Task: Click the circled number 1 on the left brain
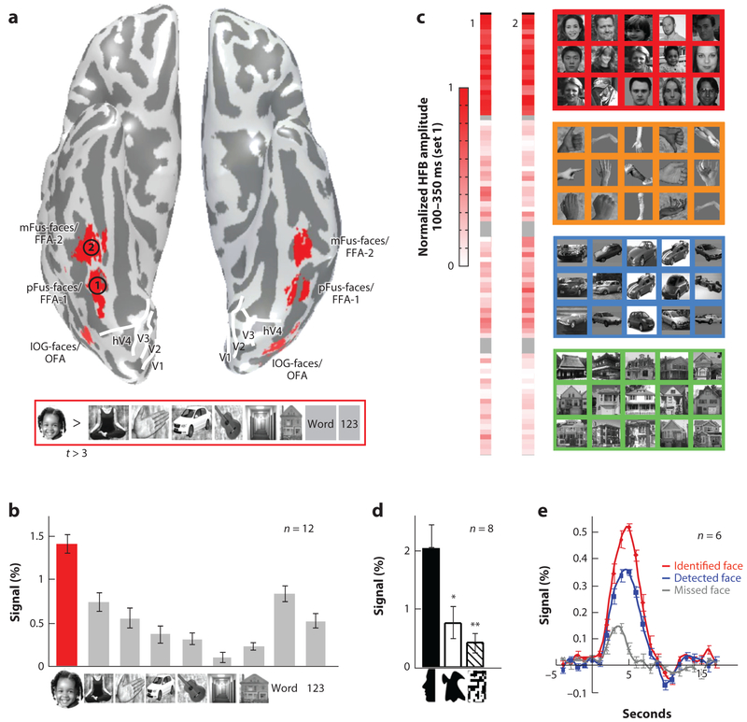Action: (98, 284)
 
